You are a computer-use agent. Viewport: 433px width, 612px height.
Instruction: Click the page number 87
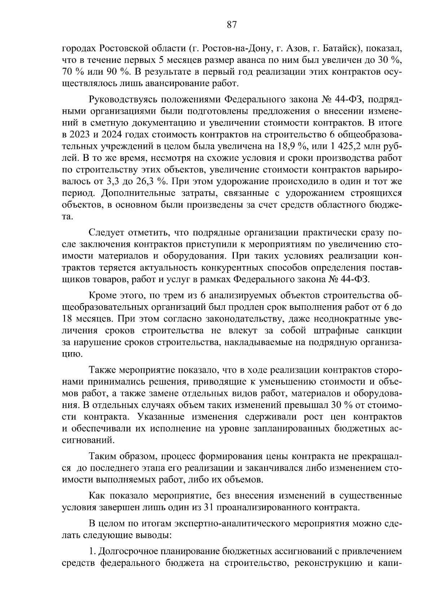coord(232,25)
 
